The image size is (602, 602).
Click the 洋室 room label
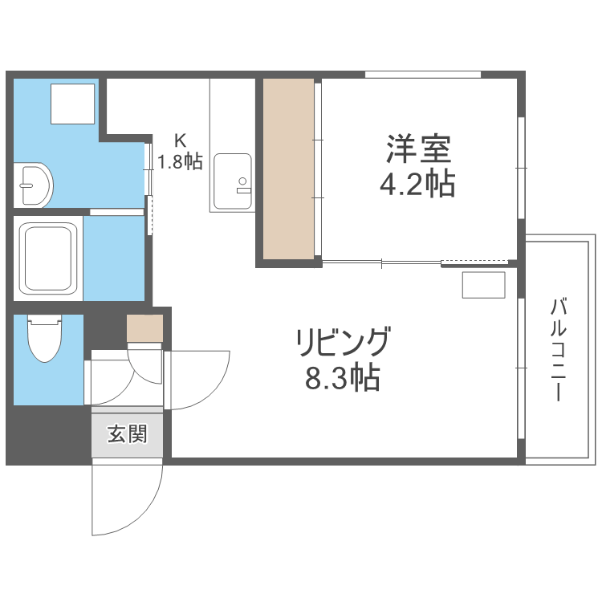tap(417, 149)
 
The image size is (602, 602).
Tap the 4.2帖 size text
tap(417, 185)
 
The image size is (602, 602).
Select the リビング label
tap(343, 343)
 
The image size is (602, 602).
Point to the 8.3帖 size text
tap(343, 377)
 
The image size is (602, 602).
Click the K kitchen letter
tap(181, 139)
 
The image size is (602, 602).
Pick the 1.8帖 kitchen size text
tap(180, 161)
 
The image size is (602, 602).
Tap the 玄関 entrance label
tap(128, 435)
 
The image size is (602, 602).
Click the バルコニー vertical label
tap(559, 350)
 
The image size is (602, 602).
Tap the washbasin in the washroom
tap(34, 185)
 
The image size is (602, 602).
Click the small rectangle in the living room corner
tap(483, 285)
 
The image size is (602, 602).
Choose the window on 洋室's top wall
tap(422, 75)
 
